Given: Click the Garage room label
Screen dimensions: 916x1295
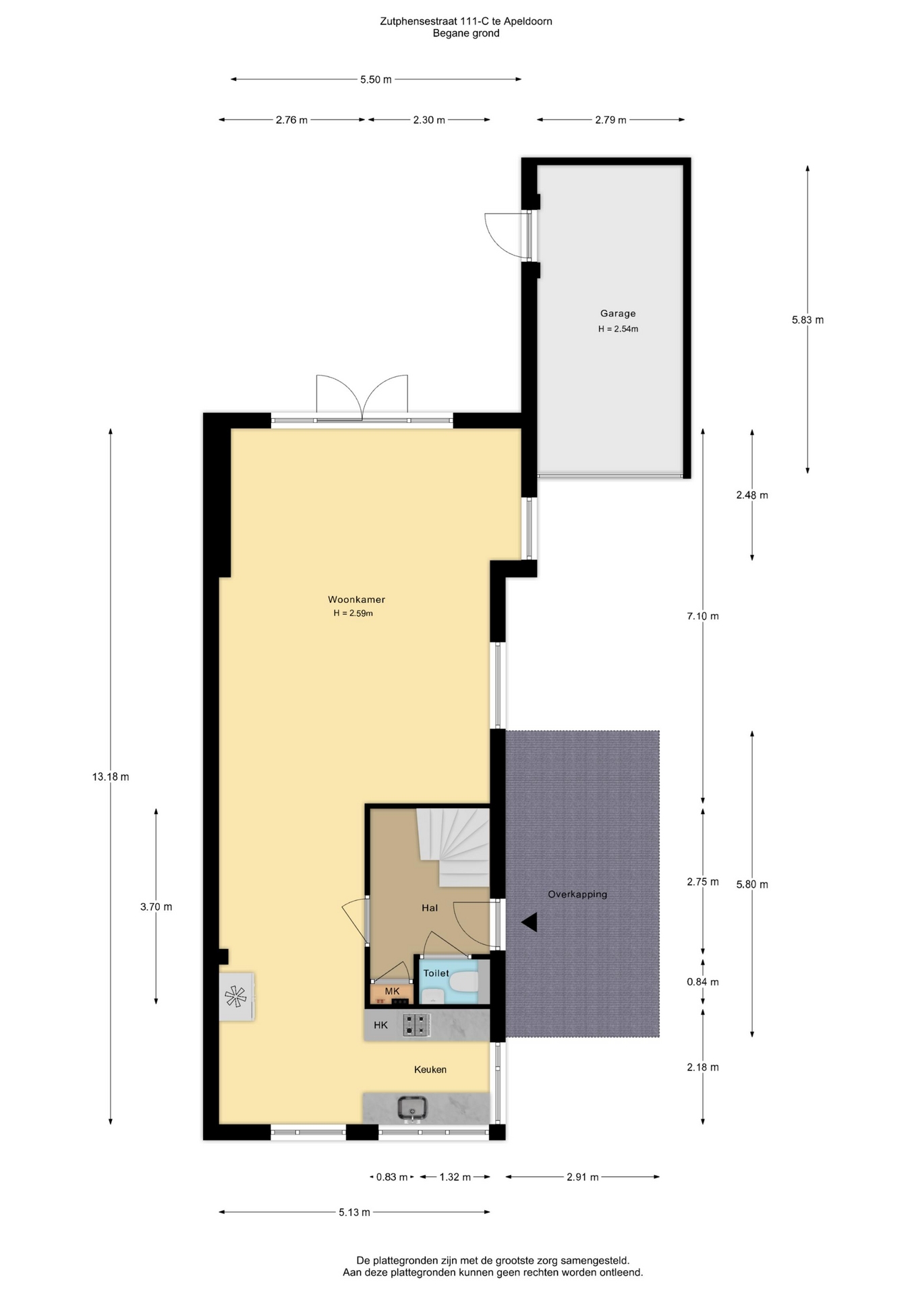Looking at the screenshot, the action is click(618, 313).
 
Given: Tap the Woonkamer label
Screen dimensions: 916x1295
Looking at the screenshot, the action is click(356, 599).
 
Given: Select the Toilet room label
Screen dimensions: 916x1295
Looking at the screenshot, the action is click(436, 973).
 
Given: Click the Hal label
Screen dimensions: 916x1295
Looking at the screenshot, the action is click(430, 908).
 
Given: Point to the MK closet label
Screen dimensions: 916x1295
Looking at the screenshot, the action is click(392, 991).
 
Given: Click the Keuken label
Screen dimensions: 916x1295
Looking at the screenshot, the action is click(430, 1069).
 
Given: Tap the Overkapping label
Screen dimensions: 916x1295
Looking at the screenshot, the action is click(577, 894).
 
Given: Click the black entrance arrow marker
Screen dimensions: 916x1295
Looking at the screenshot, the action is click(529, 922).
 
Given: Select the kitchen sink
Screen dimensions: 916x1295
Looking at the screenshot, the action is click(411, 1108).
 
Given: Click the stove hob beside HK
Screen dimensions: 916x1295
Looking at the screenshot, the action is click(416, 1025).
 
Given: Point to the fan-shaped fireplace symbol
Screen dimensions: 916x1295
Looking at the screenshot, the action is click(235, 996).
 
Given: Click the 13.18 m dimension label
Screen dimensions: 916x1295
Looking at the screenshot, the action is click(111, 776).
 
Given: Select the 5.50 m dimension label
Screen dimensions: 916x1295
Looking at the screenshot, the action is click(376, 80).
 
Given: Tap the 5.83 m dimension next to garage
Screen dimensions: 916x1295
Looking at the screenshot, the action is click(807, 320).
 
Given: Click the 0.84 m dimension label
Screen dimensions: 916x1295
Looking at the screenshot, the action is click(703, 982).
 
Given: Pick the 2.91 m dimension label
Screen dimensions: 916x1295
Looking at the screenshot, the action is click(583, 1177).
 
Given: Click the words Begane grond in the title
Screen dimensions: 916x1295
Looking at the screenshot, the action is click(466, 33).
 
